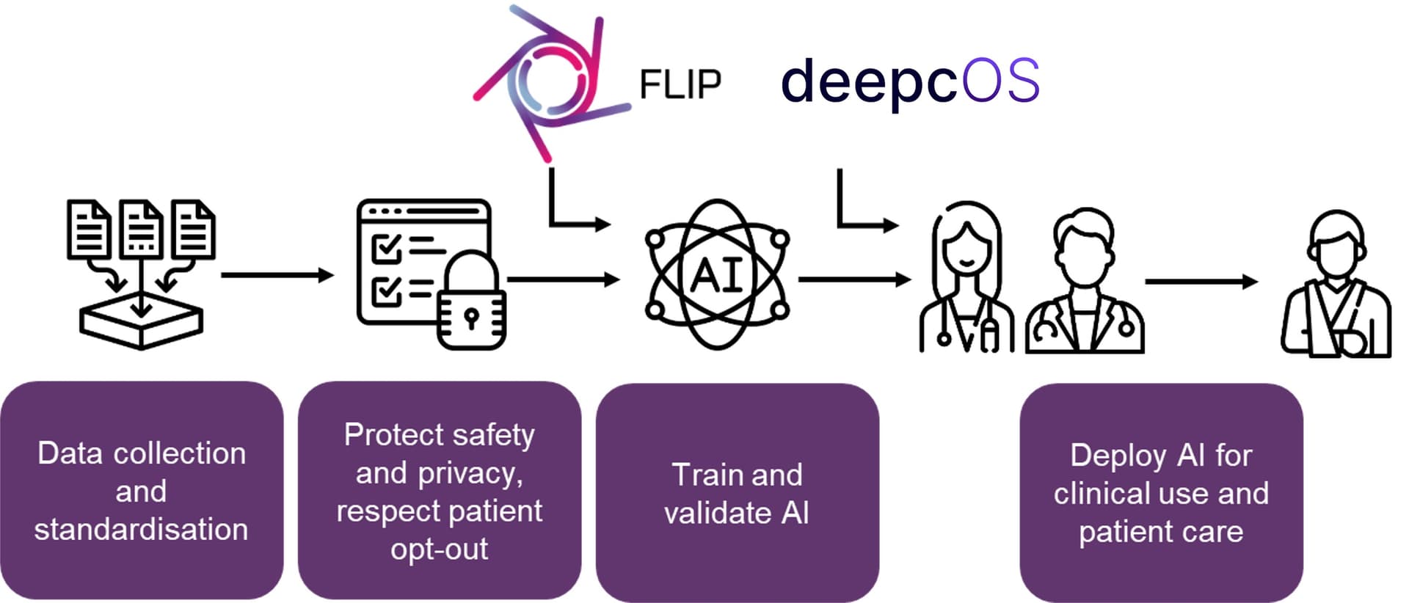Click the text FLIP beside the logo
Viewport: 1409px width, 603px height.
point(680,84)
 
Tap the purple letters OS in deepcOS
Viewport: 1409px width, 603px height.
point(1001,81)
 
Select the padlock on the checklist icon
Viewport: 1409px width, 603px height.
point(471,304)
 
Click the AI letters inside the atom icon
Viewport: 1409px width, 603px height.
point(717,277)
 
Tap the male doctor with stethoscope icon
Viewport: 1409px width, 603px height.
point(1085,282)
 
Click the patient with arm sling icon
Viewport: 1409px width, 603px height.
point(1336,286)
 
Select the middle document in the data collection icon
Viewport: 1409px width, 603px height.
point(141,229)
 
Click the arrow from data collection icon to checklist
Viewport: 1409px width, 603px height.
point(277,275)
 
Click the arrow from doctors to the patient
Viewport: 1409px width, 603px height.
point(1201,281)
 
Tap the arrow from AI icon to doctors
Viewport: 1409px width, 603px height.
point(853,279)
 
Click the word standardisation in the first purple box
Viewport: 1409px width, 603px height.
point(141,530)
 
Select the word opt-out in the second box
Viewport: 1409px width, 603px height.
point(439,549)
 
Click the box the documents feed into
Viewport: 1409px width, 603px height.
point(141,323)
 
